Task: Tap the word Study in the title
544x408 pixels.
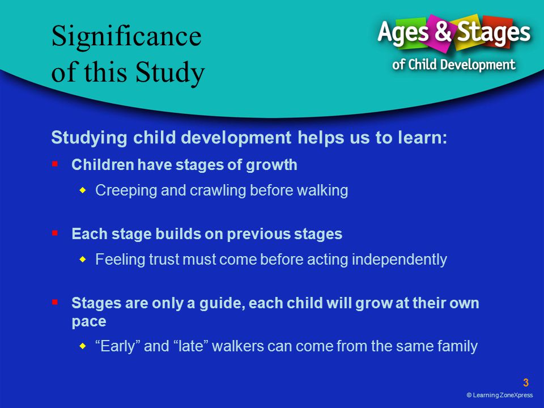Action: (170, 72)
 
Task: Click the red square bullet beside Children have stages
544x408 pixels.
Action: (55, 163)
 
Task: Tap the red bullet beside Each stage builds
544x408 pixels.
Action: (55, 233)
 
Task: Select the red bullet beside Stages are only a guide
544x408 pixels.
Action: (55, 302)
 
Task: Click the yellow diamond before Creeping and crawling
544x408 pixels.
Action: (82, 190)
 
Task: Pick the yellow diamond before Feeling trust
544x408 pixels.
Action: (82, 259)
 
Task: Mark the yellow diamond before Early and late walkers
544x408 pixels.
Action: (82, 346)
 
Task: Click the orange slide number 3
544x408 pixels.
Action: (526, 382)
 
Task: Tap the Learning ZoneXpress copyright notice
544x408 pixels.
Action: (500, 395)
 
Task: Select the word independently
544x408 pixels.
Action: (399, 260)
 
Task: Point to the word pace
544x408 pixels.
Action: (89, 322)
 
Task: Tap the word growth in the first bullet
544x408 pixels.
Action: (271, 165)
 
